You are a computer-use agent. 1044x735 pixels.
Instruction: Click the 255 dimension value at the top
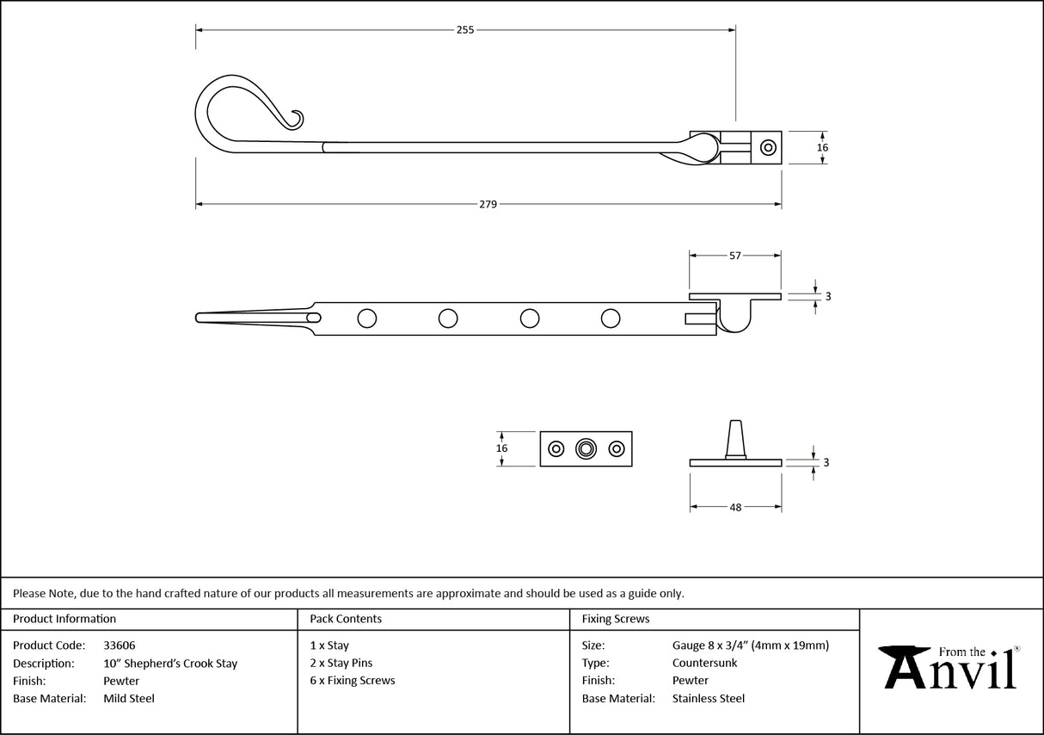pyautogui.click(x=464, y=29)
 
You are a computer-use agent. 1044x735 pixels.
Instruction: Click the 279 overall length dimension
pyautogui.click(x=488, y=205)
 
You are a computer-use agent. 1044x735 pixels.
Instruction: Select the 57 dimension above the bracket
pyautogui.click(x=735, y=256)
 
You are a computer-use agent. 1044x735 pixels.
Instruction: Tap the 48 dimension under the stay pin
pyautogui.click(x=735, y=508)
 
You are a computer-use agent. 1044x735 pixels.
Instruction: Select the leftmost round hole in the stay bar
pyautogui.click(x=366, y=318)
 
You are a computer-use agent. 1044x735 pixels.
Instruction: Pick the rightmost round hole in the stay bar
pyautogui.click(x=611, y=318)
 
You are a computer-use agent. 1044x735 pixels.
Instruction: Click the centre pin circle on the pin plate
pyautogui.click(x=586, y=448)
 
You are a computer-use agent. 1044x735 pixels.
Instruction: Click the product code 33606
pyautogui.click(x=119, y=645)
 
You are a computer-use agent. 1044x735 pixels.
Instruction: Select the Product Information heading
pyautogui.click(x=64, y=619)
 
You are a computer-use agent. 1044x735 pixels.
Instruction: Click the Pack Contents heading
pyautogui.click(x=346, y=619)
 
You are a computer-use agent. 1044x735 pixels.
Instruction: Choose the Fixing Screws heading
pyautogui.click(x=616, y=619)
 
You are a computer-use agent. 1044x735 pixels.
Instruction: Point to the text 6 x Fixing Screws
pyautogui.click(x=353, y=681)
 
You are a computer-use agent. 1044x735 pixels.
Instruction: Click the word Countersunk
pyautogui.click(x=704, y=664)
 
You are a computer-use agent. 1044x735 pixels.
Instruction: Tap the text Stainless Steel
pyautogui.click(x=709, y=699)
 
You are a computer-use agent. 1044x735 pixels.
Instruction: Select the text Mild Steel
pyautogui.click(x=129, y=699)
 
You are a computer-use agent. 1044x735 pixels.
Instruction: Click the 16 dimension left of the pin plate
pyautogui.click(x=502, y=448)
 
